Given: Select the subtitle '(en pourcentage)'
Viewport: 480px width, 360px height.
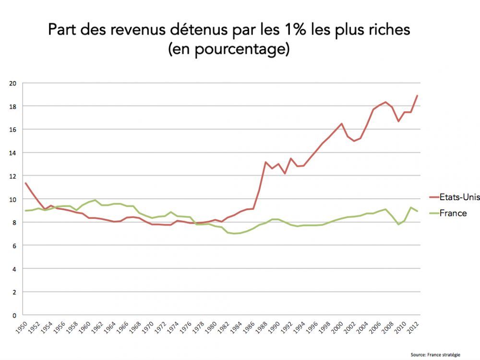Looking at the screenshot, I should tap(228, 49).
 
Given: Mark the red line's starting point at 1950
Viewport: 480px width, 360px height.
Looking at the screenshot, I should tap(25, 183).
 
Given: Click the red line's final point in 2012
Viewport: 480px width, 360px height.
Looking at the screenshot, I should tap(417, 95).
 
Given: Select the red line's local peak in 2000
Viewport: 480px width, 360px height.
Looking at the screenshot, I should tap(342, 123).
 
